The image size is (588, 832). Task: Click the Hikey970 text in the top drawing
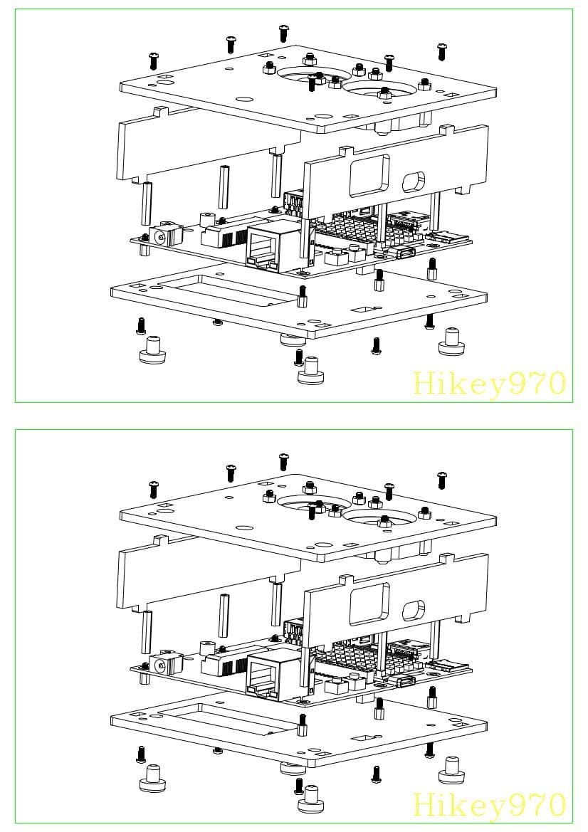[489, 384]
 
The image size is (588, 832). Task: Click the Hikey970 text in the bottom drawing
[489, 805]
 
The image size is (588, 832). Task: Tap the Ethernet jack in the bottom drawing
[264, 668]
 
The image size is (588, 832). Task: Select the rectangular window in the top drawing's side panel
[369, 175]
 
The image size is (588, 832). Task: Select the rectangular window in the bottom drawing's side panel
[369, 604]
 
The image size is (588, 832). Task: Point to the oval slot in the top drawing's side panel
[414, 181]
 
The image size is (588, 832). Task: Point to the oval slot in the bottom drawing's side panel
[414, 610]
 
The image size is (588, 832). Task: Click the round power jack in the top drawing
[163, 236]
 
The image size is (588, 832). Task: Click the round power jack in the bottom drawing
[163, 665]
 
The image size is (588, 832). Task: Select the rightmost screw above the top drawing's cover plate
[442, 51]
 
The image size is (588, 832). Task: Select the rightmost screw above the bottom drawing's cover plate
[442, 480]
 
